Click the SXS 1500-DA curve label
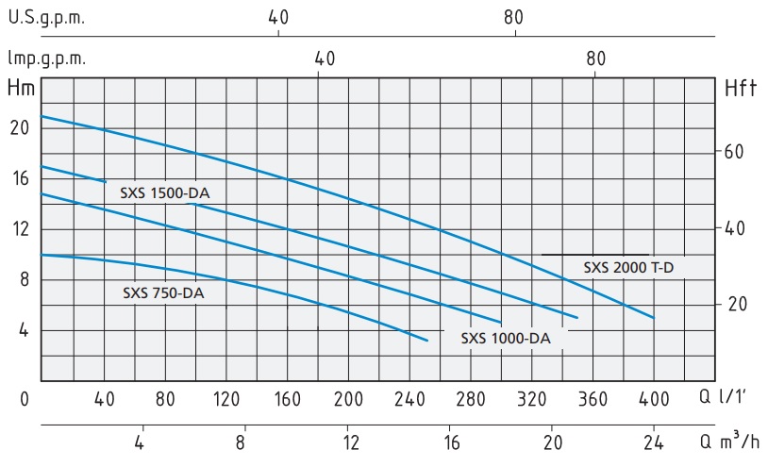tap(164, 193)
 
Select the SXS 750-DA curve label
tap(163, 292)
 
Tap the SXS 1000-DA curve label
tap(506, 338)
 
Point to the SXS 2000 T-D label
tap(628, 267)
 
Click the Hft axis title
tap(742, 90)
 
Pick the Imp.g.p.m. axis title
tap(47, 58)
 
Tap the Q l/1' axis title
tap(729, 398)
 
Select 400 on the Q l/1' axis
tap(653, 399)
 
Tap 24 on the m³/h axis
tap(653, 440)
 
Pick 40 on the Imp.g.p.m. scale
tap(326, 58)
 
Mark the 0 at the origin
tap(25, 399)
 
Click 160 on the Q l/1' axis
tap(287, 399)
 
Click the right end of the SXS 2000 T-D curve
tap(653, 318)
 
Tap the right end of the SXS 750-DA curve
tap(427, 340)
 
